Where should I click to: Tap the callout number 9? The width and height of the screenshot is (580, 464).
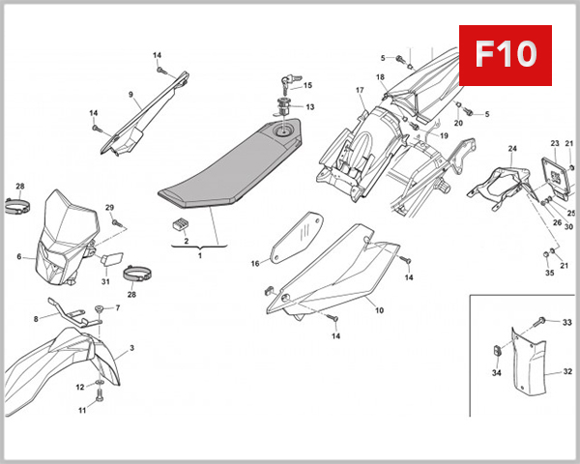click(129, 94)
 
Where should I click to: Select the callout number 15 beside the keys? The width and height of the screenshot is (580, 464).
click(308, 85)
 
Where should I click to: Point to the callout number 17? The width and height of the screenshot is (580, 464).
click(359, 91)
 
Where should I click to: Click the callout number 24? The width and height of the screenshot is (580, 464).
click(512, 149)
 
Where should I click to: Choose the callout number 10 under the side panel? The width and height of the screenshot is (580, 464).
click(379, 310)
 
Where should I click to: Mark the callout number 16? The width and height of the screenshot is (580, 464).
click(255, 263)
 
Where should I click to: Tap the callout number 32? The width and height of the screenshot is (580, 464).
click(567, 370)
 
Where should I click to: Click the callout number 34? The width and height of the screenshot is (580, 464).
click(495, 372)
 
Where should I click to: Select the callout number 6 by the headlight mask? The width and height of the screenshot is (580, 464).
click(18, 257)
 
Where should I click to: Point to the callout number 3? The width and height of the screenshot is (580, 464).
click(131, 347)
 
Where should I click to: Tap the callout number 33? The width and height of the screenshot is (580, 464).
click(567, 322)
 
